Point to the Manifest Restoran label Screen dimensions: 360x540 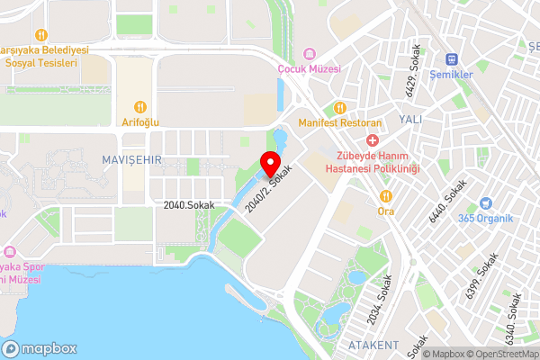(x=340, y=122)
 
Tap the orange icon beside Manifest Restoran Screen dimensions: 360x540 (x=340, y=107)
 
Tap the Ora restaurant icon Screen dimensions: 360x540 (x=385, y=196)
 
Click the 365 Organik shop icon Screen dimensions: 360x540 (x=486, y=203)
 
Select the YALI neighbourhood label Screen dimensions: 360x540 (x=409, y=119)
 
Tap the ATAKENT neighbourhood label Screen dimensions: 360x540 (x=373, y=345)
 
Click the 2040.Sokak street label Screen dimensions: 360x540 (x=189, y=205)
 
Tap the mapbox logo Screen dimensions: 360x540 (x=39, y=348)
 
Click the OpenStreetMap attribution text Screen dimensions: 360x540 (x=491, y=354)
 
